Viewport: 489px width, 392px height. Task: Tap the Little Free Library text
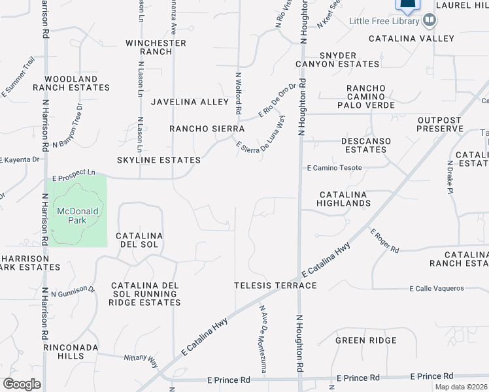384,22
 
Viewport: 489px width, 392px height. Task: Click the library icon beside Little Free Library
430,21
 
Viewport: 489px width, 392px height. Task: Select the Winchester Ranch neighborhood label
156,48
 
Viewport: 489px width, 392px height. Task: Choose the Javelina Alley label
190,102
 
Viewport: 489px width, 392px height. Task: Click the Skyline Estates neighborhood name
159,160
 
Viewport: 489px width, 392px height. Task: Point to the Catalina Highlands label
344,199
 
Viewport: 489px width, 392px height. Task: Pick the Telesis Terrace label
276,286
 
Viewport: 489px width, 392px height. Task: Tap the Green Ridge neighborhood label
366,340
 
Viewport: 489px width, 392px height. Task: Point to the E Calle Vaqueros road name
437,288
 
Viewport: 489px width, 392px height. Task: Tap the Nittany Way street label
142,359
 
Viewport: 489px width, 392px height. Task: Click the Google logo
22,384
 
